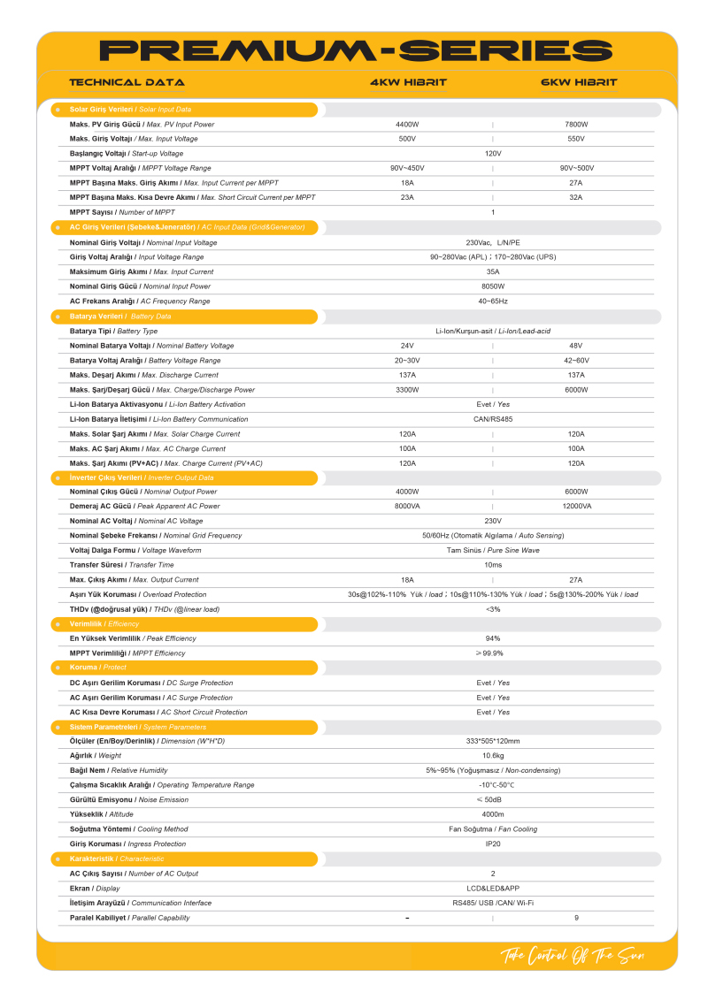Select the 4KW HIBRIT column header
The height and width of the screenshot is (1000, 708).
[408, 82]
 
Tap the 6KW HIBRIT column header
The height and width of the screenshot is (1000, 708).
[579, 82]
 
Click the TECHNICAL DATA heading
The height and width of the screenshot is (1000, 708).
[127, 82]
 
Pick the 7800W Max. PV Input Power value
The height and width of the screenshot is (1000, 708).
[576, 125]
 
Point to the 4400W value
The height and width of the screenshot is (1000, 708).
[407, 125]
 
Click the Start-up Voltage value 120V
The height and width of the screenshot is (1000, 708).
[493, 154]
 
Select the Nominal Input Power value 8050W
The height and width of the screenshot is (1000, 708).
[493, 286]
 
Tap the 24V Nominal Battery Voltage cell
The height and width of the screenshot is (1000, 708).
[407, 346]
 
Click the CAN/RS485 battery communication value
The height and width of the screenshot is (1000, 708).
[493, 419]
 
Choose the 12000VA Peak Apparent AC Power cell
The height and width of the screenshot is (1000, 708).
[576, 507]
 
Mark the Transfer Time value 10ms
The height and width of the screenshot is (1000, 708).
[493, 565]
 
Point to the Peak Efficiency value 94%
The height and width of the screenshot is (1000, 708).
[493, 638]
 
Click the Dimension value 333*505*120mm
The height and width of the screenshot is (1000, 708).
[493, 741]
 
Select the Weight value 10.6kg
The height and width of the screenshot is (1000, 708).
[493, 756]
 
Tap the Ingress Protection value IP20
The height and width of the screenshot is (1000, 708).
[493, 844]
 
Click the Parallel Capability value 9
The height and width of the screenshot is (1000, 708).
[576, 918]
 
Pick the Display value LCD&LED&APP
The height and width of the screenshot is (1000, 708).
[493, 889]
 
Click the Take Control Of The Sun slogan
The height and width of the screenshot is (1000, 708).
[573, 956]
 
